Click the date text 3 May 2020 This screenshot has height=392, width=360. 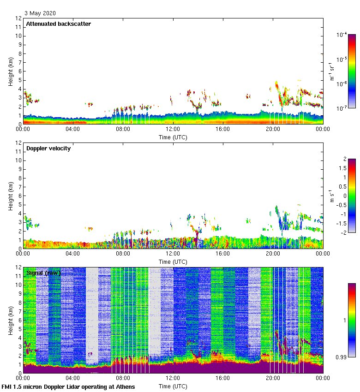pos(40,13)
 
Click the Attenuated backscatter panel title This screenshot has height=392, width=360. pos(59,24)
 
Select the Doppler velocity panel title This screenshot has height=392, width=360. pos(48,148)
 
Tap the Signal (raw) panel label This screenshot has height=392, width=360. pos(43,273)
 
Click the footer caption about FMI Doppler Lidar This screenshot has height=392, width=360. pos(68,387)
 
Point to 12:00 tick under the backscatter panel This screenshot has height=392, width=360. pos(173,129)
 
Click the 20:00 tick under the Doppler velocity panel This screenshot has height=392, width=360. pos(273,254)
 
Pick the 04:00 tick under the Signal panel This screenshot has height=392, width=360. pos(73,378)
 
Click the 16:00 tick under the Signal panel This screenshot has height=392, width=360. pos(223,378)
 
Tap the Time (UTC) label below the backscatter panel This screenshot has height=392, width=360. pos(173,137)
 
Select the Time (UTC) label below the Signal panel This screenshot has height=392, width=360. pos(173,386)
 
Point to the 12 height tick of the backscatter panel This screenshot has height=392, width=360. pos(18,18)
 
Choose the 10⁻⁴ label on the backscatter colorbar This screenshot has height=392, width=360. pos(342,35)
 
